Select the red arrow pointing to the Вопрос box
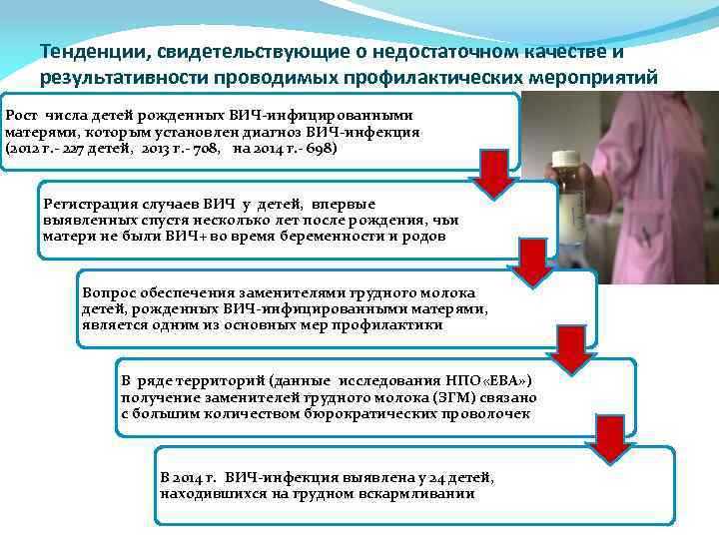click(x=535, y=262)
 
